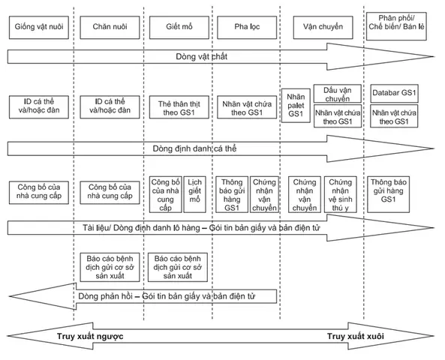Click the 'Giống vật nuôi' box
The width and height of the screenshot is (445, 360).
point(39,28)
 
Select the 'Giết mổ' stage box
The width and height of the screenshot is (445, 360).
point(179,28)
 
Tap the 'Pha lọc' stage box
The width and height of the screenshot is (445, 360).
point(247,28)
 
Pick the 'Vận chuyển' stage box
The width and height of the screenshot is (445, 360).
point(323,28)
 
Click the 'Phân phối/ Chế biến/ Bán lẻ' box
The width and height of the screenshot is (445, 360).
point(396,26)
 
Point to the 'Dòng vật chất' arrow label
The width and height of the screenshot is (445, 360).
point(202,56)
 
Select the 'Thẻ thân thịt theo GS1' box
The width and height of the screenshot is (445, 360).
point(179,107)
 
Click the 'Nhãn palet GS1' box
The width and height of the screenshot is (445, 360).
point(296,106)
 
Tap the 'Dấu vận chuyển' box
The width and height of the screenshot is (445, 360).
point(338,93)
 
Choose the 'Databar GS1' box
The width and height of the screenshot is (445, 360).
point(394,93)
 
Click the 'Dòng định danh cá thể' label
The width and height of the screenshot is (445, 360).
point(194,148)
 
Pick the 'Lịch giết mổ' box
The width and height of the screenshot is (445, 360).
point(194,194)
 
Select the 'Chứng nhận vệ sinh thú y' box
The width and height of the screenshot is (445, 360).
point(340,194)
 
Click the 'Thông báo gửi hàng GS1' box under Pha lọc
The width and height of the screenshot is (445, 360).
point(232,194)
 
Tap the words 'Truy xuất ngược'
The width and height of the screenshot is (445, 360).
point(90,336)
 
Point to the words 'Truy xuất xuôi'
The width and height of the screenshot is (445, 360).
point(356,336)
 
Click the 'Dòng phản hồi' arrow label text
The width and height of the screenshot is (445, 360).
point(167,296)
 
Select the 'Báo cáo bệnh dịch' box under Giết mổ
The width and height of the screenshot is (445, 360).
point(178,267)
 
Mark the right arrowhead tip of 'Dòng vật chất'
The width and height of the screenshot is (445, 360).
point(434,56)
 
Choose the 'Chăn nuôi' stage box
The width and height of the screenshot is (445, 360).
point(110,28)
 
